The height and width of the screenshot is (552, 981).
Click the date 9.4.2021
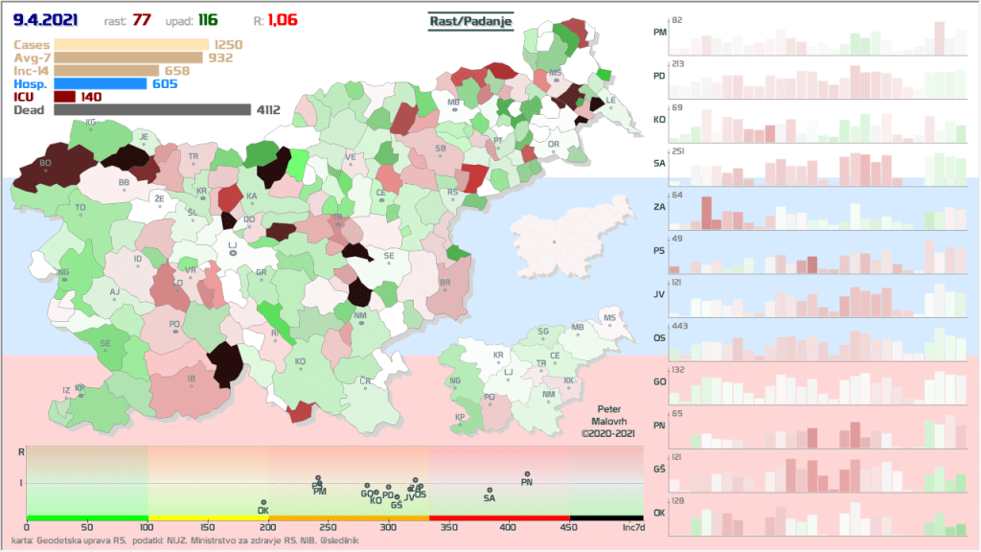(x=45, y=19)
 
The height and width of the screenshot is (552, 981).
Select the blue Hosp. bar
(x=101, y=83)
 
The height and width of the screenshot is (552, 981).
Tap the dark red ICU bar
(x=65, y=97)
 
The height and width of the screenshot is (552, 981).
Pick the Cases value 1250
(x=228, y=44)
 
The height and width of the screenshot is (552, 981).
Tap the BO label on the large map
(x=45, y=163)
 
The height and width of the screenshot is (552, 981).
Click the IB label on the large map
(x=192, y=379)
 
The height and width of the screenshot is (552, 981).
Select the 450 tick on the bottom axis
(x=570, y=527)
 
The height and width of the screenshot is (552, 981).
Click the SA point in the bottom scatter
(x=490, y=491)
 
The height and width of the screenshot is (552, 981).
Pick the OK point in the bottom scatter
(x=263, y=502)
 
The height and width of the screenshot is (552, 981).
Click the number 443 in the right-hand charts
(x=681, y=327)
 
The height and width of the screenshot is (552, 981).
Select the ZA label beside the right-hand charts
(x=659, y=206)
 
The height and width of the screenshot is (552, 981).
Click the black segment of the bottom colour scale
(x=606, y=517)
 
